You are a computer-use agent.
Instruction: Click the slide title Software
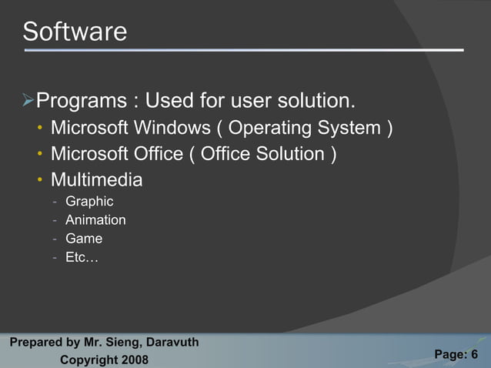pos(75,32)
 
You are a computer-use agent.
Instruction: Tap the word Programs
pos(82,101)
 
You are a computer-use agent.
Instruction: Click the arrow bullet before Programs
pos(28,100)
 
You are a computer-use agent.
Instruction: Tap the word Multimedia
pos(96,180)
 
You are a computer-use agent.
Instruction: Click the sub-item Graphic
pos(89,202)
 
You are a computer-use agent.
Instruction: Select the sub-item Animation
pos(95,220)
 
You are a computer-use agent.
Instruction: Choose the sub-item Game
pos(84,239)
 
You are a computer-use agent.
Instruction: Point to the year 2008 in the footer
pos(132,360)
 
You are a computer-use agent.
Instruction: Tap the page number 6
pos(474,354)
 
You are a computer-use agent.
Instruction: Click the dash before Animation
pos(55,221)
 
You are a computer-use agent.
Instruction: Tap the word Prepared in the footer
pos(33,342)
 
